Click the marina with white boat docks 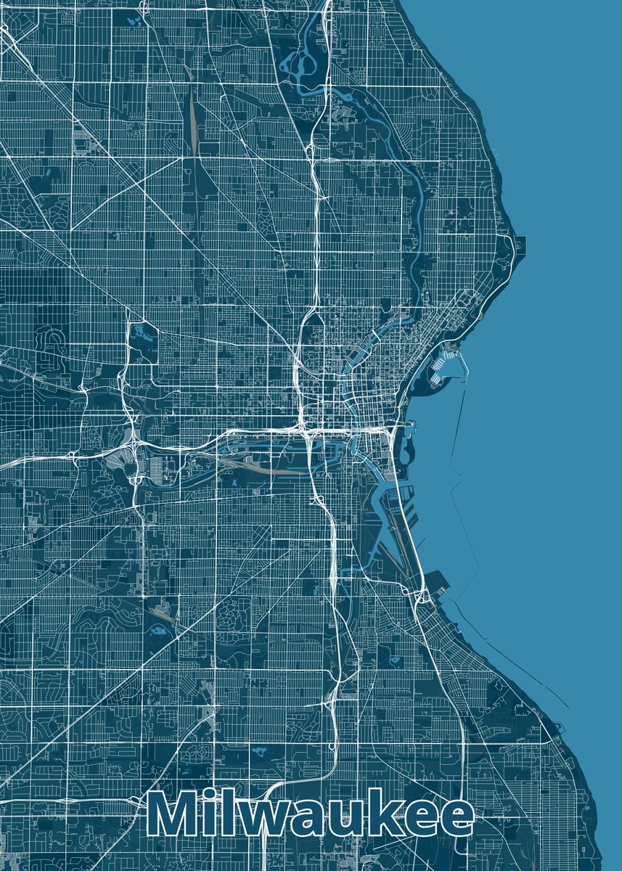444,367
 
